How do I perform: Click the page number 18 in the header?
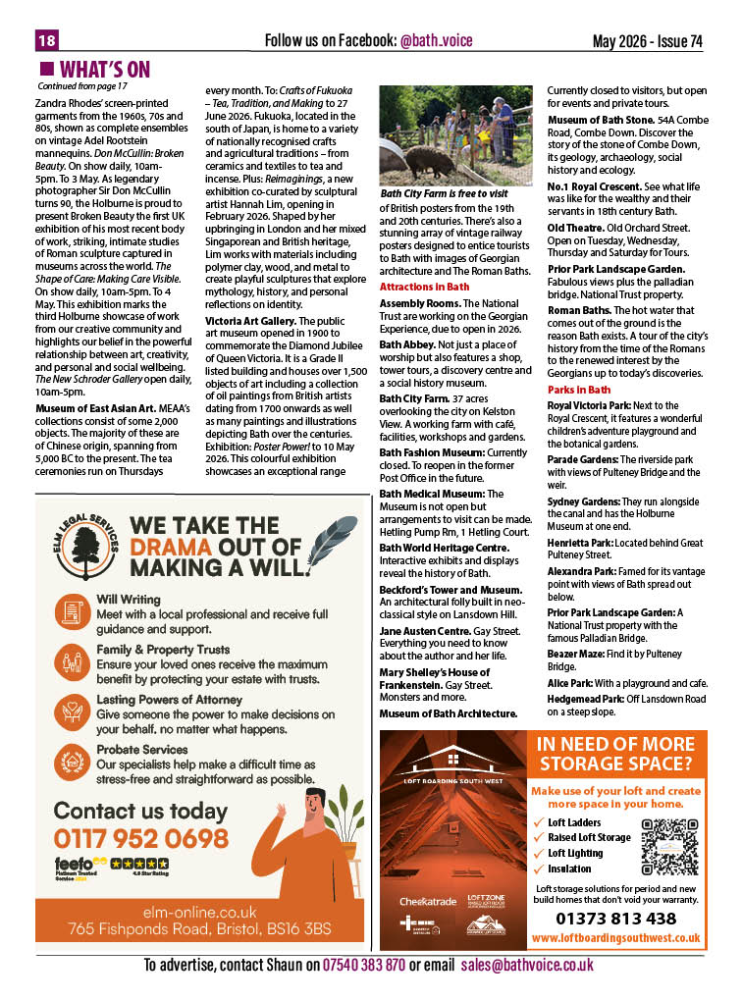(46, 40)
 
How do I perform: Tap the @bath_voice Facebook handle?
(442, 40)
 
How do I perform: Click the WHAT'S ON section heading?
(105, 69)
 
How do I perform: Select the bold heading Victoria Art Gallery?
(249, 320)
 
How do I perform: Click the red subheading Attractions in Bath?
(424, 287)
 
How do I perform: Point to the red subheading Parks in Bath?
(578, 390)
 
